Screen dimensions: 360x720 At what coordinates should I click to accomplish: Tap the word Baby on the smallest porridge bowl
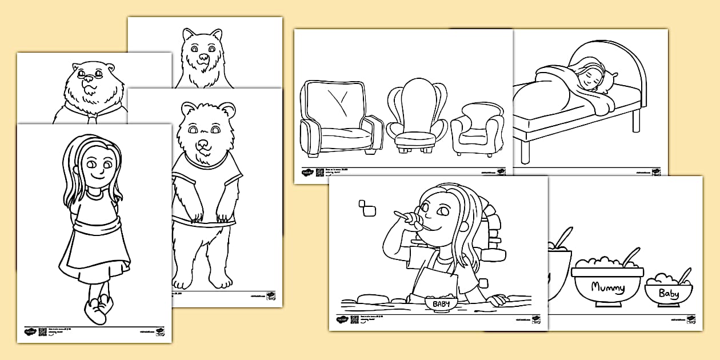coord(669,294)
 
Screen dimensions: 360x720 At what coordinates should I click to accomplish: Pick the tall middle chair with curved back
coord(417,117)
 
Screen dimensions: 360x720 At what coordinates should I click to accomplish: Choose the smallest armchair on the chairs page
coord(477,129)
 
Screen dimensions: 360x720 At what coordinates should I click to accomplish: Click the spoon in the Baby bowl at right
coord(683,275)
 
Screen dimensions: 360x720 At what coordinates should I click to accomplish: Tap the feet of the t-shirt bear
coord(203,280)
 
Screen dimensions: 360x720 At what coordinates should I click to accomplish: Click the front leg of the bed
coord(525,151)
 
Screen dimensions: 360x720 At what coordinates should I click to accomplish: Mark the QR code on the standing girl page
coord(42,331)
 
